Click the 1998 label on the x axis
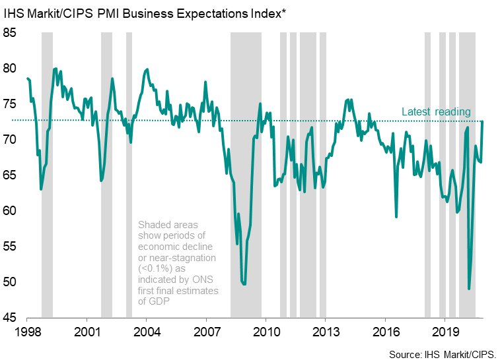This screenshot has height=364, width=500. point(28,330)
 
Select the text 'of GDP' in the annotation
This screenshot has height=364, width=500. point(154,301)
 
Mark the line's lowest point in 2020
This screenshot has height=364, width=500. point(469,289)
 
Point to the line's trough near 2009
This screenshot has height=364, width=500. point(244,284)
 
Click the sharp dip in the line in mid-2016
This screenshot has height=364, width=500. point(396,216)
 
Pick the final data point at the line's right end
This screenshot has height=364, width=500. point(483,121)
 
